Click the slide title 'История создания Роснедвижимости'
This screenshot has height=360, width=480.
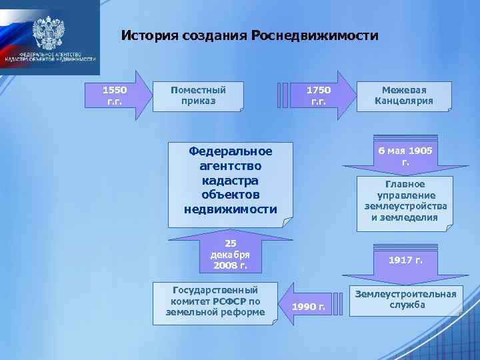(249, 35)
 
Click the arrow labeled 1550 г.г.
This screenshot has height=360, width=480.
(117, 95)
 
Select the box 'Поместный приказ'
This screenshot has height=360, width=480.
(198, 96)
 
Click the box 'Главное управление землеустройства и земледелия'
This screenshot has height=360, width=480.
(405, 201)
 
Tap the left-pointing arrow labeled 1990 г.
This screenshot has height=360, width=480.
(309, 306)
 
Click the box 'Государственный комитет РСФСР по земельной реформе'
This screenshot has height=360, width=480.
(215, 301)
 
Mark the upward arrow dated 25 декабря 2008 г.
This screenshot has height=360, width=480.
(229, 254)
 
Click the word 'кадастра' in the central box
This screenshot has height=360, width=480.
(230, 180)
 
